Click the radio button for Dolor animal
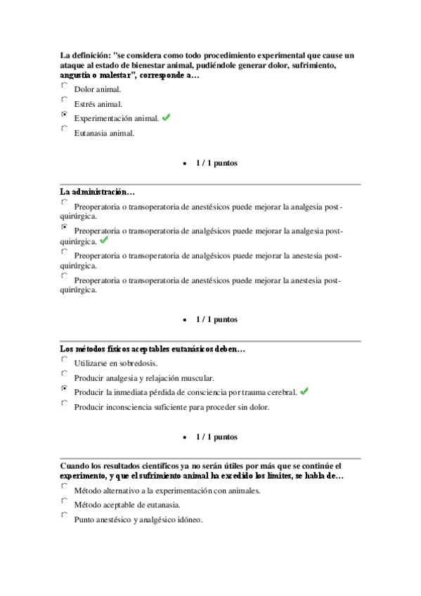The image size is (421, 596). pyautogui.click(x=65, y=85)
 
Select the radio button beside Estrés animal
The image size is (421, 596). pyautogui.click(x=65, y=100)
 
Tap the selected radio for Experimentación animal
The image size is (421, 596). pyautogui.click(x=65, y=114)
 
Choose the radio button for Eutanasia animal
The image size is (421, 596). pyautogui.click(x=65, y=129)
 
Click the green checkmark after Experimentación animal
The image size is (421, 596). pyautogui.click(x=166, y=117)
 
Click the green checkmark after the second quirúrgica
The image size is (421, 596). pyautogui.click(x=104, y=240)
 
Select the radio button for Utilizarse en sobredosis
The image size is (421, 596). pyautogui.click(x=65, y=359)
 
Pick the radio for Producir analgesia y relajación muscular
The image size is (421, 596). pyautogui.click(x=65, y=374)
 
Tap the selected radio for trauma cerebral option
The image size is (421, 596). pyautogui.click(x=65, y=388)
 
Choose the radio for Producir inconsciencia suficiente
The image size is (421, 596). pyautogui.click(x=65, y=403)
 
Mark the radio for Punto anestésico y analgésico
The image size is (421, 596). pyautogui.click(x=65, y=516)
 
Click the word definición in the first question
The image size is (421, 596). pyautogui.click(x=91, y=55)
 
